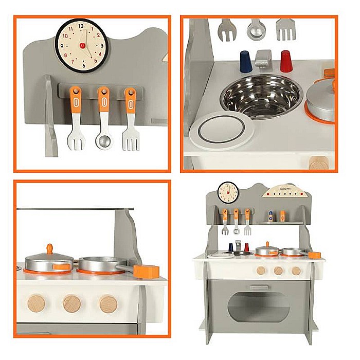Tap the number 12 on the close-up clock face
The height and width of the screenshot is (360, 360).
coord(81,25)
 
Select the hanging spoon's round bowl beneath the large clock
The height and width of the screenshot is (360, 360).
coord(103,141)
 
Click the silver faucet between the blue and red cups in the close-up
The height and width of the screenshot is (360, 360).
coord(264,58)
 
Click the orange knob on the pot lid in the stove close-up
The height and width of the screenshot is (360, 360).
coord(50,249)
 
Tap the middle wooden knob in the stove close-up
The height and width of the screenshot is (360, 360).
coord(72,303)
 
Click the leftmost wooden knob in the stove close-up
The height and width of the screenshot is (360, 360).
coord(36,303)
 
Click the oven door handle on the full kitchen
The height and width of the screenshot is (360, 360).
coord(259,287)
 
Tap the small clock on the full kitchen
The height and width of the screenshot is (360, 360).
coord(228,192)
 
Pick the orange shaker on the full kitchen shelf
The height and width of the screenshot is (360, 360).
coord(282,215)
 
